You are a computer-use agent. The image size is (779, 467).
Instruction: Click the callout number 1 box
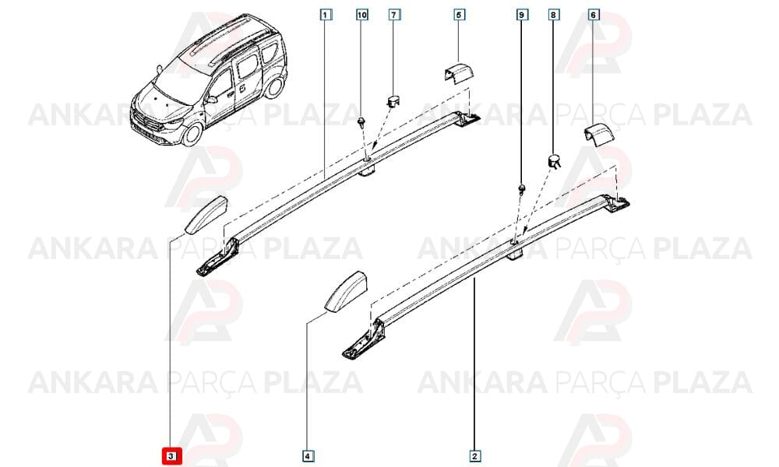pos(325,15)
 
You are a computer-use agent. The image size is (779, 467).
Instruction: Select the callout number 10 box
pos(362,15)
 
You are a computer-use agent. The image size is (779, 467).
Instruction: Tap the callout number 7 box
pos(393,15)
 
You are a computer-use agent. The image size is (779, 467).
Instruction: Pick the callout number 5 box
pos(458,15)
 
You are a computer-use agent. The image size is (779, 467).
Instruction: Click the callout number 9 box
pos(520,15)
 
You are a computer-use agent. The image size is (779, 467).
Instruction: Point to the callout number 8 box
pos(553,15)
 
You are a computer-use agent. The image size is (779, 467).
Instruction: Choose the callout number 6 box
pos(593,15)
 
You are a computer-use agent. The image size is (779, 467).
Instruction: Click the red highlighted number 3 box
pos(171,455)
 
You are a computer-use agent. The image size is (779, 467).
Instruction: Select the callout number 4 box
pos(307,455)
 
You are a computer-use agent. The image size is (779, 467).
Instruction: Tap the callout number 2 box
pos(474,455)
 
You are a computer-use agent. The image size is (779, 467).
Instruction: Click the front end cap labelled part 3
pos(206,214)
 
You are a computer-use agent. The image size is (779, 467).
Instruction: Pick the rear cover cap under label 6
pos(599,135)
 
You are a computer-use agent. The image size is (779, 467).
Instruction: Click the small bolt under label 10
pos(361,122)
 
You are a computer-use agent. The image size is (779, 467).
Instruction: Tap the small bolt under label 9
pos(522,190)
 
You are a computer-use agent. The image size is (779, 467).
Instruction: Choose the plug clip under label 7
pos(393,102)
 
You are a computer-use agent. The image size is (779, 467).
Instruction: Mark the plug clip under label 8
pos(554,161)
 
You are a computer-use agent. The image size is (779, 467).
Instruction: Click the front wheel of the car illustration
pos(192,135)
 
